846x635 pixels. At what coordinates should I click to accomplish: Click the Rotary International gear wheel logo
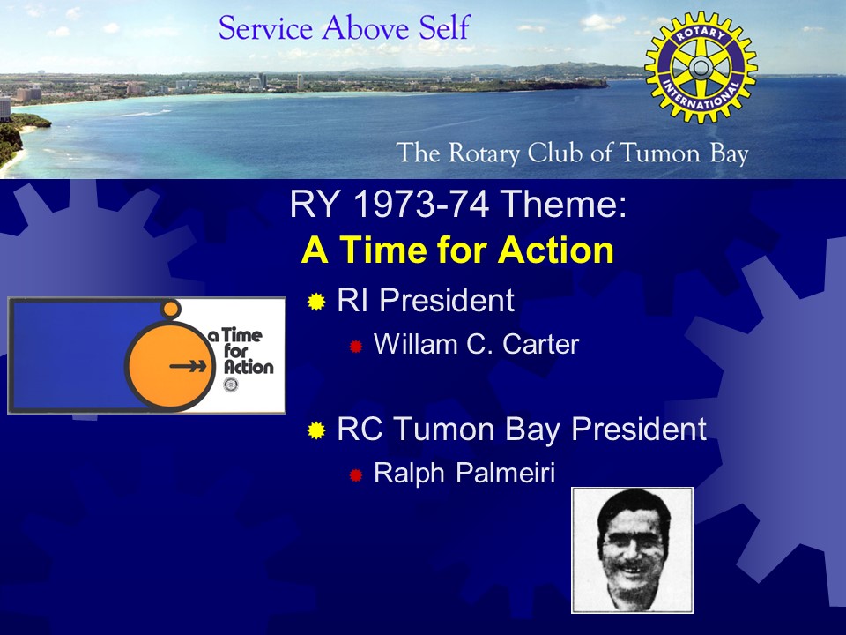point(701,68)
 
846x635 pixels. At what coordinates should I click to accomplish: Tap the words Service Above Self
point(345,27)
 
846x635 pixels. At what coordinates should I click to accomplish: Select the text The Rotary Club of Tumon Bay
point(572,153)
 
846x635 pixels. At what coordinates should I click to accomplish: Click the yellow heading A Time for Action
point(457,250)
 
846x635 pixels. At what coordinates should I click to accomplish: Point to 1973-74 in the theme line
point(421,205)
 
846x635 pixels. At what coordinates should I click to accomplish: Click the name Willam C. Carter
point(476,344)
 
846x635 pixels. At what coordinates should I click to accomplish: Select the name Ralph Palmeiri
point(464,473)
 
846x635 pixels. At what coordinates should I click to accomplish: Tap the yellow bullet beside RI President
point(316,302)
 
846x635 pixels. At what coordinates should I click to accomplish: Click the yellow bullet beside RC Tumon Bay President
point(316,430)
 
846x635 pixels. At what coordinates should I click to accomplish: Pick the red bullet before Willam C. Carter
point(355,346)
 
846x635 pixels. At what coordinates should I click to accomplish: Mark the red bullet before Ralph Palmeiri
point(355,475)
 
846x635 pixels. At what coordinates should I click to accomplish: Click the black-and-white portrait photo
point(632,550)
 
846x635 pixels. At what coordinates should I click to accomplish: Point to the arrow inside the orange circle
point(188,366)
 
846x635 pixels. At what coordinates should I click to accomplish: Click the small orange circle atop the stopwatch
point(171,310)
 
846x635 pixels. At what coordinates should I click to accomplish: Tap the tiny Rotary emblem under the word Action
point(230,385)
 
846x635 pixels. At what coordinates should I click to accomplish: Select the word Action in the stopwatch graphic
point(249,367)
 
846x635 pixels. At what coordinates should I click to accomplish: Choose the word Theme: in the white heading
point(564,205)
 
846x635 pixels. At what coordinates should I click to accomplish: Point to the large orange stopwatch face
point(169,365)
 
